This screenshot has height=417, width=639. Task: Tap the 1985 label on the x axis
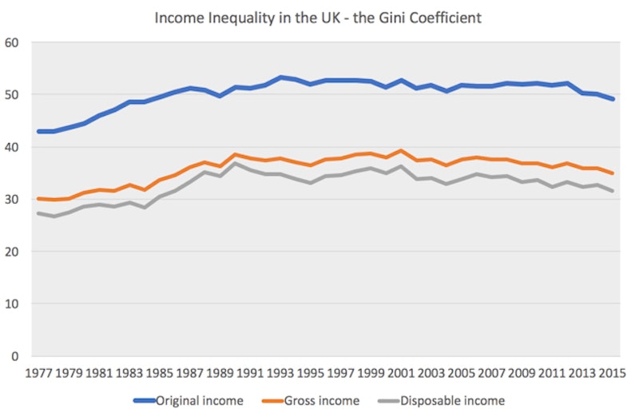coord(159,373)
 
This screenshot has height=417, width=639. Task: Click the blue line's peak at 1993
coord(281,77)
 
